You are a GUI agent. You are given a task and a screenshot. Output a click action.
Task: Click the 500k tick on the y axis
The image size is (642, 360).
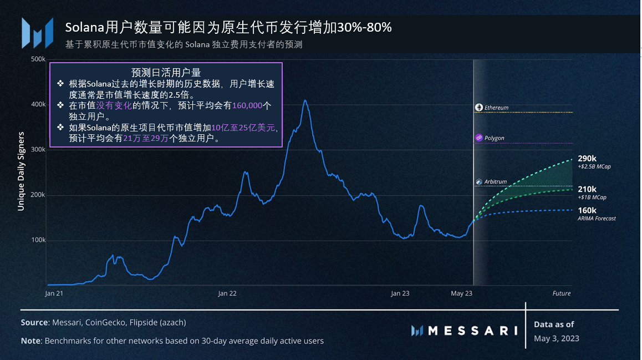coord(38,59)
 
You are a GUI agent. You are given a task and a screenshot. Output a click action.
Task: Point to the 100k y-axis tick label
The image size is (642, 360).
coord(38,240)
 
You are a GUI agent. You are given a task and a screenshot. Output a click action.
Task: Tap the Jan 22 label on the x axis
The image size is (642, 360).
coord(227,293)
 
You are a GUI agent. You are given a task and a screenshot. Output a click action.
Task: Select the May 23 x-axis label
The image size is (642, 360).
coord(461,293)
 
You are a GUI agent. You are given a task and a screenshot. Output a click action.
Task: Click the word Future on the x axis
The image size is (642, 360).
coord(561,293)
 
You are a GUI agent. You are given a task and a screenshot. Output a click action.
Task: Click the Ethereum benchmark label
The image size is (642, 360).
coord(496,108)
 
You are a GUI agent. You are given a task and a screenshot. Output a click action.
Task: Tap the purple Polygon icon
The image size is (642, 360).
coord(479,138)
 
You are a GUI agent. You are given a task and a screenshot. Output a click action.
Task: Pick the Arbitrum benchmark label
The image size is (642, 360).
coord(495,182)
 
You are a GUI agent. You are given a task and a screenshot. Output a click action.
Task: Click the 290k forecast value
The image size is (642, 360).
coord(587,159)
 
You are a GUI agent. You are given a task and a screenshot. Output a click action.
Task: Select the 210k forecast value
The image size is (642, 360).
coord(587,189)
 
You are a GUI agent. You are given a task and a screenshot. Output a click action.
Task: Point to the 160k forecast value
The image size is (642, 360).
coord(587,210)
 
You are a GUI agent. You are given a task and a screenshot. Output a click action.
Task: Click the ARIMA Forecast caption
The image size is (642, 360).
coord(597,219)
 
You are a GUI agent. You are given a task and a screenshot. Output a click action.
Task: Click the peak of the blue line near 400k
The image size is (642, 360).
coord(304,101)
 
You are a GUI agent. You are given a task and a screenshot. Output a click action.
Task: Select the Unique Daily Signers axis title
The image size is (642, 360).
coord(21,171)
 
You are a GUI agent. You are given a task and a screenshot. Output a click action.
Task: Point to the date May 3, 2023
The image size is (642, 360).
coord(557,338)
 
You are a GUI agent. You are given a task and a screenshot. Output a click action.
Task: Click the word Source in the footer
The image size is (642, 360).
coord(34,322)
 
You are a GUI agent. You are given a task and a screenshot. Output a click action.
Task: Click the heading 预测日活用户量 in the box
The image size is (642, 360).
coord(166,73)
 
